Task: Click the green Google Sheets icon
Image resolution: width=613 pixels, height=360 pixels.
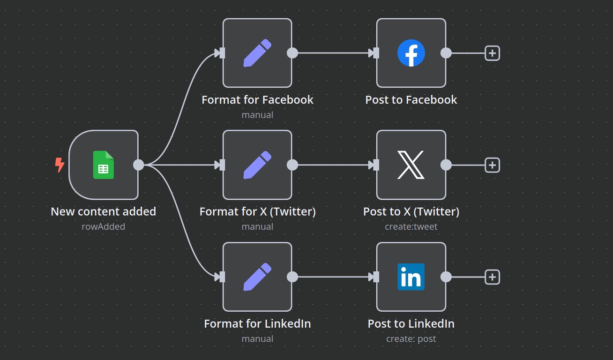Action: click(x=104, y=165)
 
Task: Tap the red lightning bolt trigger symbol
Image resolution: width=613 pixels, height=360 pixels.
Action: click(x=60, y=165)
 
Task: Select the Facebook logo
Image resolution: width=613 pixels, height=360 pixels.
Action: click(x=411, y=53)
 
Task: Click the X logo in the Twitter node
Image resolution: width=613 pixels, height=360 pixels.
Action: click(x=411, y=165)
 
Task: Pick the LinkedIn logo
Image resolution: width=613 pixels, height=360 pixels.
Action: click(x=411, y=277)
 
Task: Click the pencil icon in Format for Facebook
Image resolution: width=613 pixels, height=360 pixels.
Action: click(x=257, y=53)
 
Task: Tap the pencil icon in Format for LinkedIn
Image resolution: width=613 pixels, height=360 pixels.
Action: click(x=257, y=277)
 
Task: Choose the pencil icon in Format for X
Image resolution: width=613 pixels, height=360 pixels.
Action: click(x=257, y=165)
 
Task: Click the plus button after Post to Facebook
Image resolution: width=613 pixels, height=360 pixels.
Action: click(x=492, y=53)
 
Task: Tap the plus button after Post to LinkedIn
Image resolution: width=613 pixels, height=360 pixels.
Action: click(x=492, y=277)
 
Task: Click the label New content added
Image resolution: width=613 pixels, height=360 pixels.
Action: click(x=103, y=211)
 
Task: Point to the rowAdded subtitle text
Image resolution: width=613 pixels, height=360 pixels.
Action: click(x=103, y=226)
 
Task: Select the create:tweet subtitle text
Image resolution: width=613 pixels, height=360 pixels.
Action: click(x=411, y=226)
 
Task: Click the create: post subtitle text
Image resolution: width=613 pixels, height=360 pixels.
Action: click(x=411, y=338)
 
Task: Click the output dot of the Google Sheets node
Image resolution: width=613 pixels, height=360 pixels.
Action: click(x=138, y=165)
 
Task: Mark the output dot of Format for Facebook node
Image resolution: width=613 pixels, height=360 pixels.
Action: click(x=292, y=53)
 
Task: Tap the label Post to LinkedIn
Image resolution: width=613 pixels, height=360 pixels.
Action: click(x=411, y=323)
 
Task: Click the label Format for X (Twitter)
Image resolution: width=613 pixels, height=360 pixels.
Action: click(x=257, y=211)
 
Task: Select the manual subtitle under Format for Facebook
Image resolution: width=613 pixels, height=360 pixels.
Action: click(x=257, y=114)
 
